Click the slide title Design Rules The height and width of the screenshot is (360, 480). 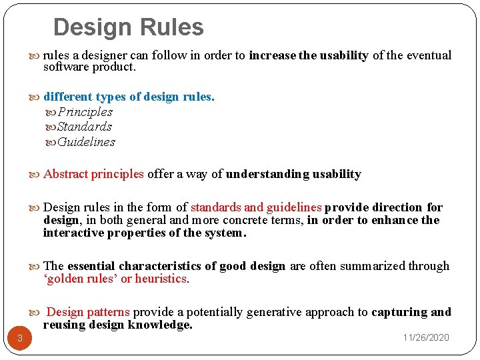pos(128,27)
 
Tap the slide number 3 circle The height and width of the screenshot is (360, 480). pos(20,339)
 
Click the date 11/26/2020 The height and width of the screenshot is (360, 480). pos(425,337)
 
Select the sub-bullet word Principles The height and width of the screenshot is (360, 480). pos(85,112)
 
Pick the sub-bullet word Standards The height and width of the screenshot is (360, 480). pos(84,127)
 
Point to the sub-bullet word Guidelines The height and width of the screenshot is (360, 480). pos(86,142)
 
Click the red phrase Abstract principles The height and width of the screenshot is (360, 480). pos(93,175)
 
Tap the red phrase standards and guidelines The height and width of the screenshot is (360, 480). pos(256,207)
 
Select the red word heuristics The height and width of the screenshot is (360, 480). pos(161,279)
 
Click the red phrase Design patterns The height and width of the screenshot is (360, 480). pos(90,312)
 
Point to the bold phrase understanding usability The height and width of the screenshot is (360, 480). pos(293,175)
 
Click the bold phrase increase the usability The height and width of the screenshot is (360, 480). pos(308,56)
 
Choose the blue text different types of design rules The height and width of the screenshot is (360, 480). pos(129,97)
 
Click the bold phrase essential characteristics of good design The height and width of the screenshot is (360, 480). pos(176,266)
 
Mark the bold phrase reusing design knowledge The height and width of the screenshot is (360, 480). pos(117,325)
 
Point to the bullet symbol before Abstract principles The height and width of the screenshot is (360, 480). pos(37,175)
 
